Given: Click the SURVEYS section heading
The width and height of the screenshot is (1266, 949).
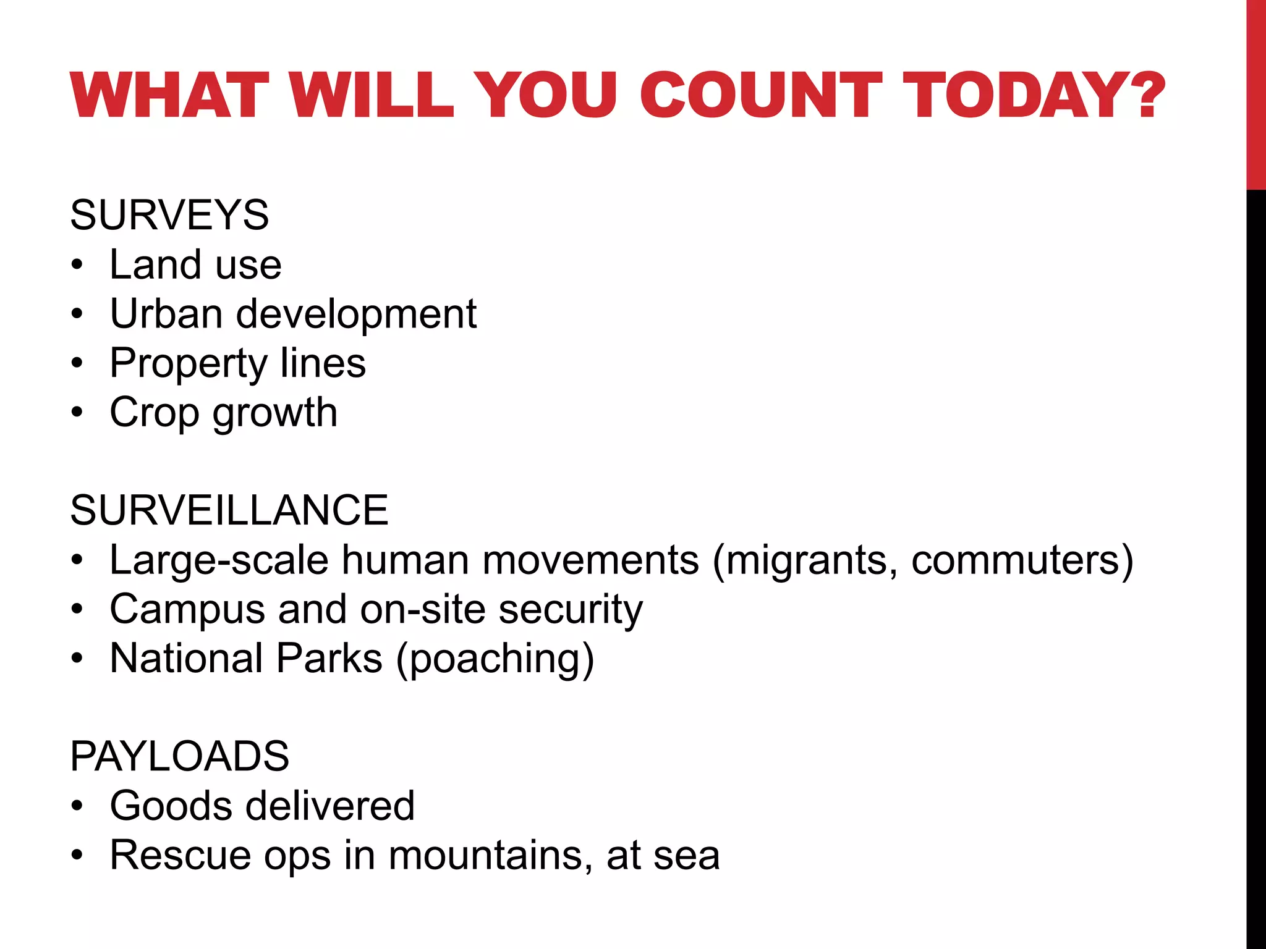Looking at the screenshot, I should (x=169, y=215).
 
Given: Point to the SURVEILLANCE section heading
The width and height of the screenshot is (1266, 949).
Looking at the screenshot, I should (x=229, y=510).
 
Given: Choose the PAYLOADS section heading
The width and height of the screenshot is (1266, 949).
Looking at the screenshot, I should (x=179, y=756).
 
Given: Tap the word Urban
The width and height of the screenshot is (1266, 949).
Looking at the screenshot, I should (x=166, y=314).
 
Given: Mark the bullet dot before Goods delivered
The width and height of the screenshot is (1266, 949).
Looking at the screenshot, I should (x=77, y=806).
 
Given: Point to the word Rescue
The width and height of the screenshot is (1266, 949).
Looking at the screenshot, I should (x=180, y=856).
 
